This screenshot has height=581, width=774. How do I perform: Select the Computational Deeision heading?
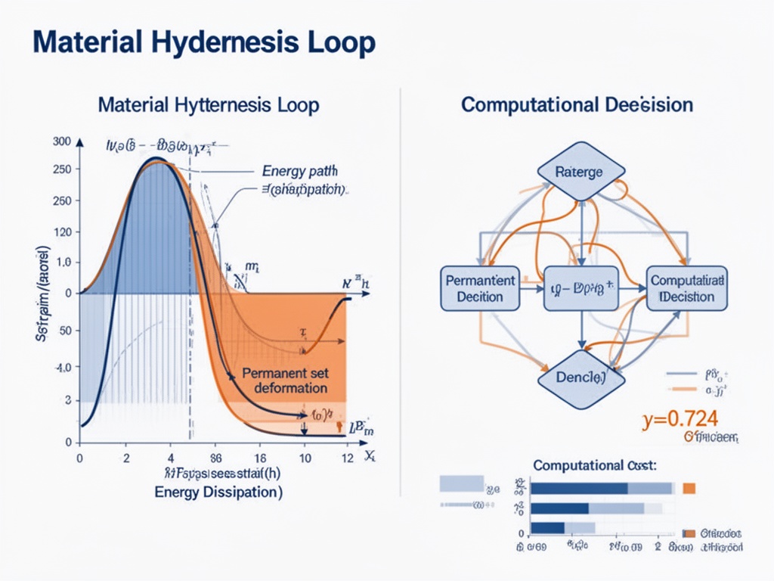click(577, 104)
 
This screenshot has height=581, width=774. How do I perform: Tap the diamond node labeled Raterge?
click(580, 172)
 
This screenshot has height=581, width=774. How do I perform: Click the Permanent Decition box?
click(480, 288)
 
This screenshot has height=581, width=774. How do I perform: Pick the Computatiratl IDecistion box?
click(687, 288)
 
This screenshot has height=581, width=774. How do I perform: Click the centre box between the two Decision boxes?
click(580, 288)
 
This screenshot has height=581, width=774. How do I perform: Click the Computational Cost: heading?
click(594, 466)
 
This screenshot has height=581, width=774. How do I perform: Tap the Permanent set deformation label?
click(286, 381)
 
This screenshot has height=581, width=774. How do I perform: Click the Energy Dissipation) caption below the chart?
click(218, 492)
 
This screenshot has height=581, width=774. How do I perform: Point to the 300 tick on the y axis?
click(62, 141)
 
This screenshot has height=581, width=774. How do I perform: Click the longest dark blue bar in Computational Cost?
click(580, 489)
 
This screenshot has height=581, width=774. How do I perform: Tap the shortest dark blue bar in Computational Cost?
click(548, 528)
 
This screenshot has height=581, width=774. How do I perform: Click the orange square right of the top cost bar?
click(689, 489)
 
